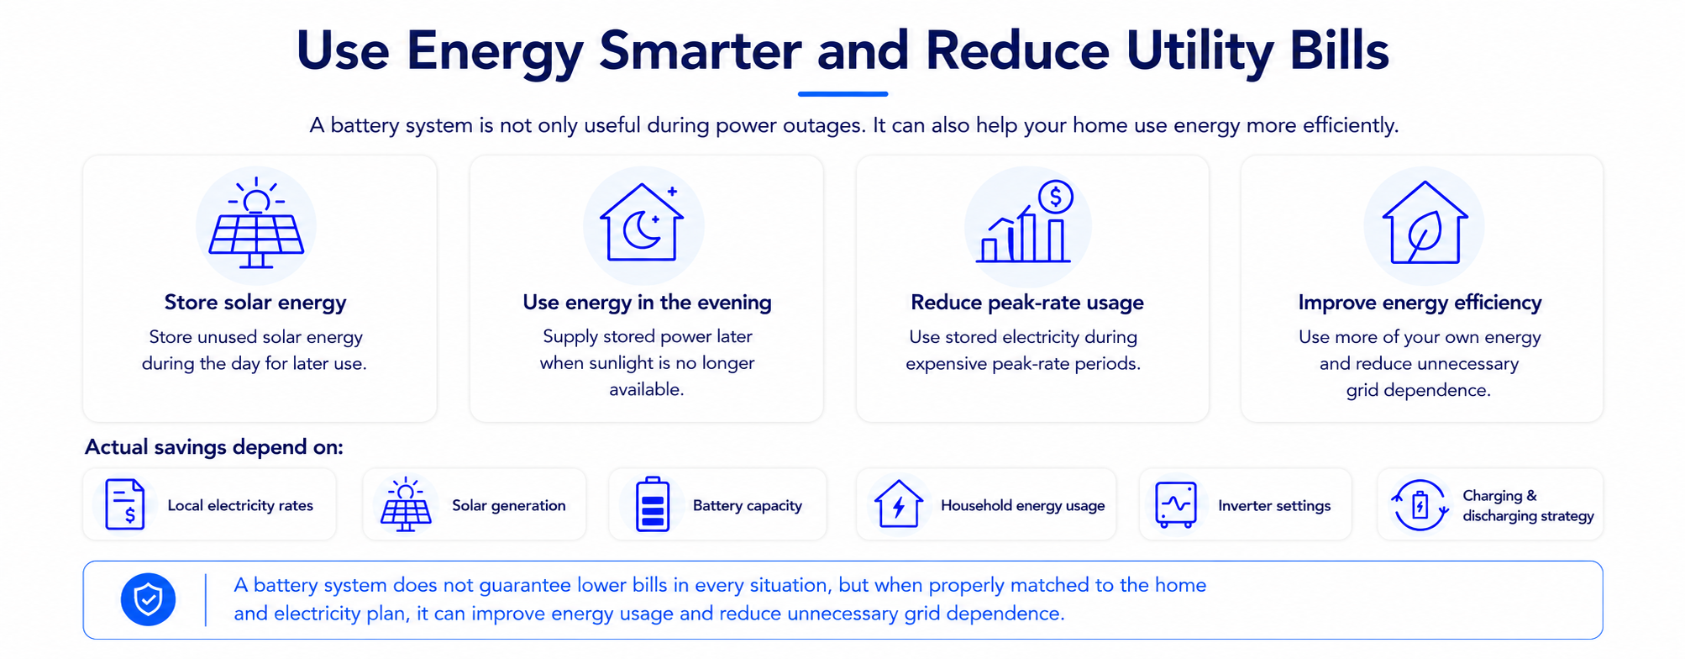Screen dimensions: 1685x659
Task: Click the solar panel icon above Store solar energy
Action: click(x=256, y=224)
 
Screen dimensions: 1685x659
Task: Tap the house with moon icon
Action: click(x=642, y=222)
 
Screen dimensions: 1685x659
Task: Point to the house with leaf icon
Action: click(x=1425, y=223)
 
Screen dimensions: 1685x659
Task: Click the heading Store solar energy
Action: click(x=255, y=303)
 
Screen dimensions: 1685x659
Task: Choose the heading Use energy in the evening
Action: click(x=647, y=303)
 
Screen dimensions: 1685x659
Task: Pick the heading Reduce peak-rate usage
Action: click(x=1027, y=303)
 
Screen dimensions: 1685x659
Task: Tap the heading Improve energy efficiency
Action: click(x=1420, y=303)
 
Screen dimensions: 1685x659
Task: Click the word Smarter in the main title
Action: click(x=700, y=51)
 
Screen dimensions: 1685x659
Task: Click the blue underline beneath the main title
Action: click(x=842, y=93)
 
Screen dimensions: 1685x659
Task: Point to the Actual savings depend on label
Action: click(x=214, y=447)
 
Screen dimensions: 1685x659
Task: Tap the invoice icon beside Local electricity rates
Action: click(x=125, y=504)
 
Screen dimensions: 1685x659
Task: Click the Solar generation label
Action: click(x=509, y=505)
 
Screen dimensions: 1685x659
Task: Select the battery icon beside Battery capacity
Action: click(x=653, y=504)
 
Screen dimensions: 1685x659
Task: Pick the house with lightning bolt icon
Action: click(x=899, y=503)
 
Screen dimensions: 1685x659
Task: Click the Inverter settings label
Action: click(x=1274, y=505)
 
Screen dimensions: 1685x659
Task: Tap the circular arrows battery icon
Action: click(x=1420, y=505)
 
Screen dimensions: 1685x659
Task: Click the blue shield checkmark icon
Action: click(x=148, y=599)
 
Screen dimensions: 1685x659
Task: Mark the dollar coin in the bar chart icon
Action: click(x=1056, y=198)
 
